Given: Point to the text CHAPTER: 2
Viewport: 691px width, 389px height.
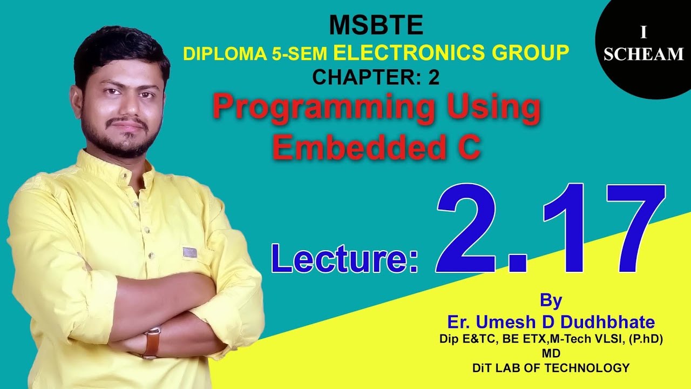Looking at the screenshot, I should pos(376,78).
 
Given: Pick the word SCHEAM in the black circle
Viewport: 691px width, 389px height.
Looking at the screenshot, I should pos(643,54).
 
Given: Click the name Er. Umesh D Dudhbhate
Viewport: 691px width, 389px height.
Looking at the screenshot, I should pos(551,323).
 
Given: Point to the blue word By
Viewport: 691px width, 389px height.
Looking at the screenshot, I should pos(551,300).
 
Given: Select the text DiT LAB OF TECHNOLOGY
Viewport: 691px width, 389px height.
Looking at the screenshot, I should pos(551,368).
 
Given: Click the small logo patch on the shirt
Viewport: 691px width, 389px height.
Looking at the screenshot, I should pos(189,252).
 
